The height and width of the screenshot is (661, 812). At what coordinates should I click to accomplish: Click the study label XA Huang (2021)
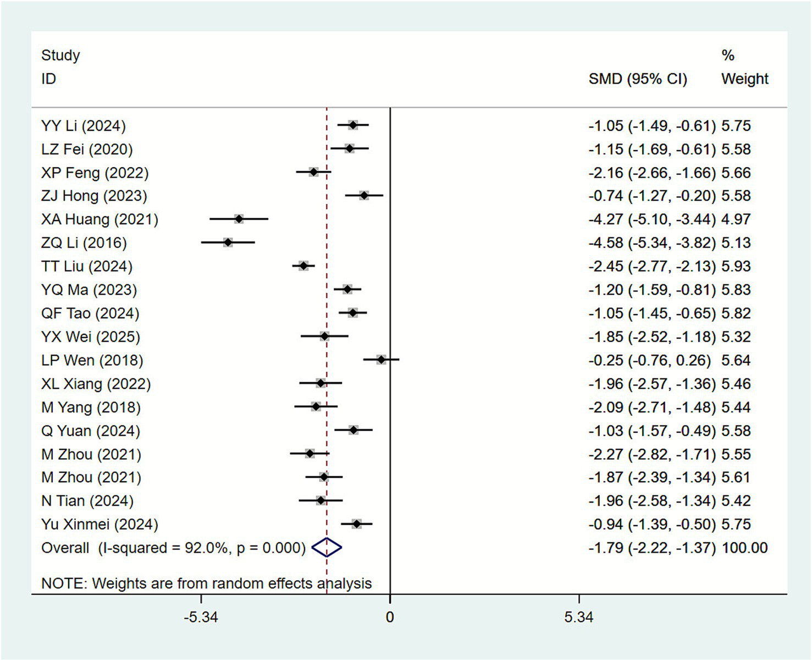100,219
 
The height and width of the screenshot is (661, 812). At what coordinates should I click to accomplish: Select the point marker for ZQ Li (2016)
228,243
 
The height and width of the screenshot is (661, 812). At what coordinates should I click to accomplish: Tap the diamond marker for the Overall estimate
327,548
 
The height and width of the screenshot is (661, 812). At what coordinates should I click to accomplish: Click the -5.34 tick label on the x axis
201,618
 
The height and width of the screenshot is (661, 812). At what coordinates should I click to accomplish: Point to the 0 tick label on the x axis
390,618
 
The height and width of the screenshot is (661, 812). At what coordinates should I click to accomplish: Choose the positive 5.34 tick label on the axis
578,618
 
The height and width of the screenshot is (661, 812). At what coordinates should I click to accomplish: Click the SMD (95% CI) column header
638,79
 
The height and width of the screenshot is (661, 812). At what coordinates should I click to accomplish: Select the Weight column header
744,79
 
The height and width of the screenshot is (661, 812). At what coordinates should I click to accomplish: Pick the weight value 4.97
736,219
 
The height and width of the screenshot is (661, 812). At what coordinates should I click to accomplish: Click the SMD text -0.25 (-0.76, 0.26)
649,360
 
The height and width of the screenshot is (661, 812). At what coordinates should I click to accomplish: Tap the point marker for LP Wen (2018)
381,360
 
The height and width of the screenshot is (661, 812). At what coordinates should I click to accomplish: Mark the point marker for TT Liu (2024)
303,266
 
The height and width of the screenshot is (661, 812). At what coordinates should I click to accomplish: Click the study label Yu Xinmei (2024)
100,525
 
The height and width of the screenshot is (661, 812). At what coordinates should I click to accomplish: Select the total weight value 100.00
744,548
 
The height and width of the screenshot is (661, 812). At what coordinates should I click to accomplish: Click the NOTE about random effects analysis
206,583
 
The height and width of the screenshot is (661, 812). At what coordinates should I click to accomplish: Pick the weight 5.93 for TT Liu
736,267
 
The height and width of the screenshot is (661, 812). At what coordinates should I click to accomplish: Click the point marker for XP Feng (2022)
313,172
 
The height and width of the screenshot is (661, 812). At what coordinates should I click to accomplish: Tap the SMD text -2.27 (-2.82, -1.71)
652,454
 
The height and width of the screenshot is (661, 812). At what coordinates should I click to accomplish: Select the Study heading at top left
60,56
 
